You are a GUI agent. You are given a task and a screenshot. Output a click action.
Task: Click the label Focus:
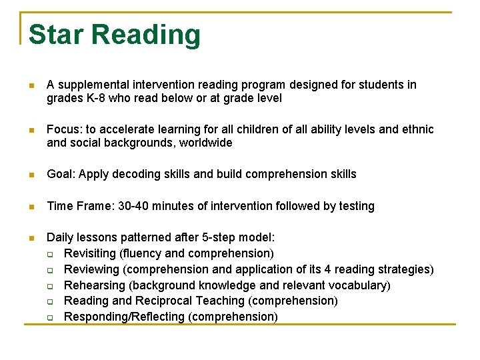click(64, 129)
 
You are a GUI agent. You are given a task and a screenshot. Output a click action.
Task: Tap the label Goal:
click(61, 174)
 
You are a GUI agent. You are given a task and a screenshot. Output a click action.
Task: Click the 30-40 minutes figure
click(153, 206)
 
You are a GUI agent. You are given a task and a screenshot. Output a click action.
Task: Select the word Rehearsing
click(94, 285)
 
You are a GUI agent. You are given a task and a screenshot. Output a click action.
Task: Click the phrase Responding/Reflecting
click(125, 317)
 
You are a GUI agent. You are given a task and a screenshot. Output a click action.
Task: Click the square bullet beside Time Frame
click(30, 207)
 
